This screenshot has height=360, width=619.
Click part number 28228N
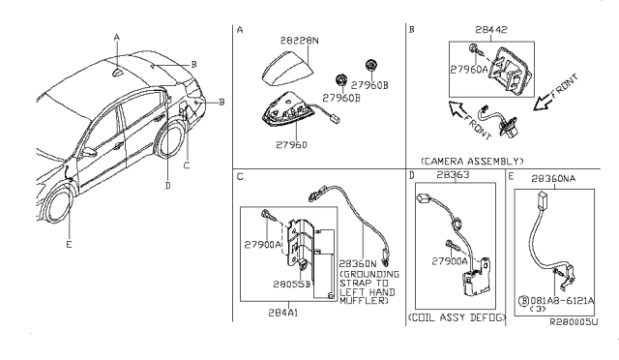[299, 41]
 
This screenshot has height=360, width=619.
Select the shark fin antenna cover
[287, 69]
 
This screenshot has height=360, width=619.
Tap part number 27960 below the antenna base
[291, 145]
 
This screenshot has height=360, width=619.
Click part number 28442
[491, 30]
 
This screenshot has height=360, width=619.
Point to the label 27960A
[469, 70]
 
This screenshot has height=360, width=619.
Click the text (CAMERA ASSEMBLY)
[472, 162]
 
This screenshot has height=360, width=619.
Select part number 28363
[453, 174]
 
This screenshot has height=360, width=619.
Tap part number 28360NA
[553, 179]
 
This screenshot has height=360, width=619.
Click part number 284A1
[283, 313]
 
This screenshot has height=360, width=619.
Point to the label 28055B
[292, 285]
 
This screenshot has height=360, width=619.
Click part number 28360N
[358, 263]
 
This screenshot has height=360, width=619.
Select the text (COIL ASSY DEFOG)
[457, 317]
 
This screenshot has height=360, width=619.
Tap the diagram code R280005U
[574, 322]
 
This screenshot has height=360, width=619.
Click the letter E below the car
[69, 245]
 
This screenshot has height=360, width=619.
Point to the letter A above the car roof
[116, 38]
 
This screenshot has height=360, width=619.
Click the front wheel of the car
[60, 206]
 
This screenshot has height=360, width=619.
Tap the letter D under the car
[168, 186]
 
